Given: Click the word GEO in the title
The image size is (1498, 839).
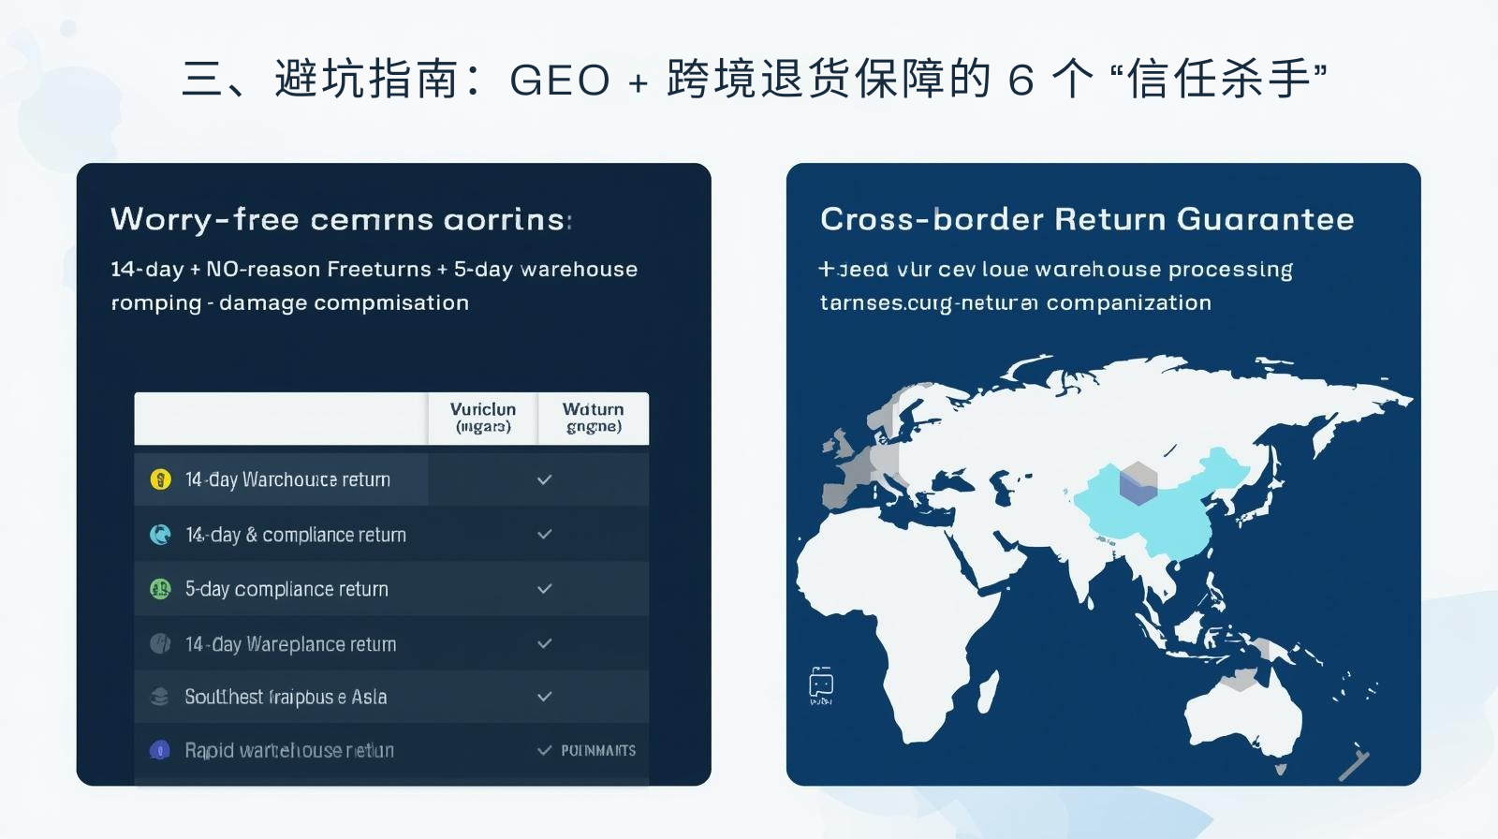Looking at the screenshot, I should pyautogui.click(x=559, y=81).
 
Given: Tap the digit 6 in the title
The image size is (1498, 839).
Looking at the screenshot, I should pyautogui.click(x=1021, y=81).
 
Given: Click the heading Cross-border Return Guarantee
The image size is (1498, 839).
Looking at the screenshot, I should pyautogui.click(x=1087, y=219).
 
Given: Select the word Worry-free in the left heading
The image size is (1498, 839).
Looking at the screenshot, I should pyautogui.click(x=204, y=219).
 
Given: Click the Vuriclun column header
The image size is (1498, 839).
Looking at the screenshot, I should pyautogui.click(x=482, y=418).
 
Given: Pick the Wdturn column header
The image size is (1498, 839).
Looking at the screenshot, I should pyautogui.click(x=593, y=418).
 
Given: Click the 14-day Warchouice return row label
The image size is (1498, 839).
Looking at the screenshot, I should pyautogui.click(x=287, y=479).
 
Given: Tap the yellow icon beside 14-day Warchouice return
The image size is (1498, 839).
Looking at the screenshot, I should pyautogui.click(x=160, y=479).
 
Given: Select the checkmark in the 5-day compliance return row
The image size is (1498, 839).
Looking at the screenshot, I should pyautogui.click(x=544, y=589).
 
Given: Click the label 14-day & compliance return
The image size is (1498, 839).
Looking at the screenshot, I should pyautogui.click(x=295, y=535).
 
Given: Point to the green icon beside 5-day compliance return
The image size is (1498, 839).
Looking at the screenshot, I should pyautogui.click(x=160, y=589).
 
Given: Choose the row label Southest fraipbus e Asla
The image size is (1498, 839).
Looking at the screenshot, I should pyautogui.click(x=286, y=697).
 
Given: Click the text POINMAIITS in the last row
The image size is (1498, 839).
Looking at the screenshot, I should pyautogui.click(x=598, y=751).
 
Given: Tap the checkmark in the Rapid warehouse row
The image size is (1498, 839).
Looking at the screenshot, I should pyautogui.click(x=544, y=751).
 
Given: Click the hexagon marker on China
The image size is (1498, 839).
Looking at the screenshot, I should pyautogui.click(x=1138, y=483).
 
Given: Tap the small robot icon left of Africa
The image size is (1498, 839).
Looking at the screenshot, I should pyautogui.click(x=821, y=684).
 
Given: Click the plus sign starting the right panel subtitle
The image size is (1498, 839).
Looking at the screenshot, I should pyautogui.click(x=826, y=270).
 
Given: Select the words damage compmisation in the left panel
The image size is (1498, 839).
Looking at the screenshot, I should pyautogui.click(x=344, y=303).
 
